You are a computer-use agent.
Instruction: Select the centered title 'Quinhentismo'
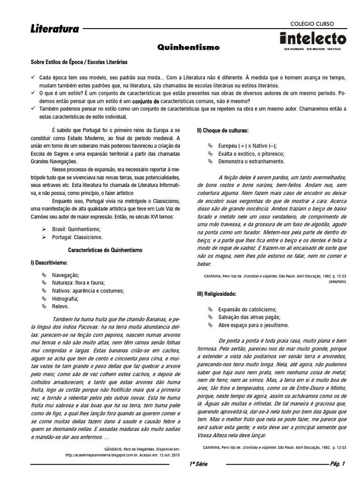(x=188, y=47)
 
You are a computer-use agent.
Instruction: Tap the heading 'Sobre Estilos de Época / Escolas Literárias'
(x=79, y=62)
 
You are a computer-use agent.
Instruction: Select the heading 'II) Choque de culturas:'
(x=223, y=130)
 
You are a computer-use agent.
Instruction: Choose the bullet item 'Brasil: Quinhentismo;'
(x=76, y=229)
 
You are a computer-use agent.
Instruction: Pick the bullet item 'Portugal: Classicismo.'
(x=77, y=238)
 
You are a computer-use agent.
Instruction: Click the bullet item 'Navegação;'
(x=66, y=275)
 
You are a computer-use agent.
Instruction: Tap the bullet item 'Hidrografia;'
(x=66, y=299)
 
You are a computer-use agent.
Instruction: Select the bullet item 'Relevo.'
(x=60, y=307)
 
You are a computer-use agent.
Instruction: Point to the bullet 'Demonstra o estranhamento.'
(x=251, y=162)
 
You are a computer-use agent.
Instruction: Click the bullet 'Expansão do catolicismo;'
(x=247, y=309)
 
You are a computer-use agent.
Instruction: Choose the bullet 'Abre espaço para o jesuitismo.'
(x=254, y=325)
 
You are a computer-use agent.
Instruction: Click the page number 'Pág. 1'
(x=337, y=465)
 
